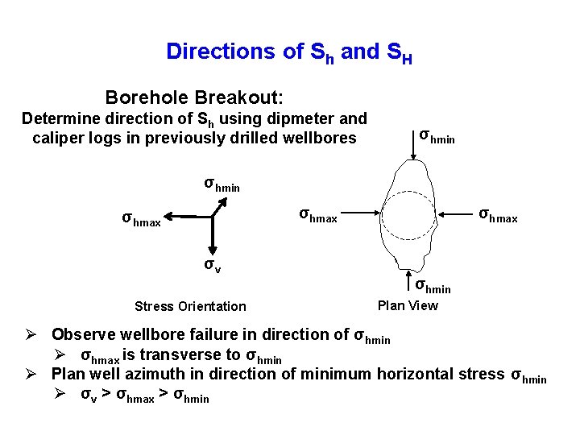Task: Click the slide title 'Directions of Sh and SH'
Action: click(x=289, y=52)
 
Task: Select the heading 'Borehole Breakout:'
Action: click(x=194, y=98)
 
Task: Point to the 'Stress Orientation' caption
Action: click(x=190, y=306)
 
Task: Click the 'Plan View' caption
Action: click(x=408, y=305)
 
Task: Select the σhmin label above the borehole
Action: click(x=437, y=135)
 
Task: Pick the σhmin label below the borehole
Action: click(x=433, y=285)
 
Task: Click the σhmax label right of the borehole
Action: click(x=499, y=216)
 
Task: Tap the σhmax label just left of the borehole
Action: click(x=319, y=216)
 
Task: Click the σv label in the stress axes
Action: click(x=212, y=265)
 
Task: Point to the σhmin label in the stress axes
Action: click(x=222, y=184)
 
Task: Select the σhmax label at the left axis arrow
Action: click(x=141, y=218)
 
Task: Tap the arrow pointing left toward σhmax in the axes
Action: click(x=189, y=217)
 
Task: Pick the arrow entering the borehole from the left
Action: click(x=362, y=215)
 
